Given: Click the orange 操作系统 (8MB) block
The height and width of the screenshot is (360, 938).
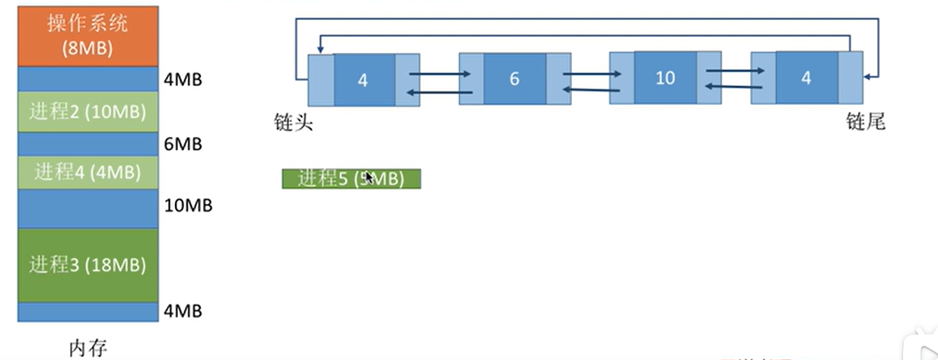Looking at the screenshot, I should click(x=87, y=36).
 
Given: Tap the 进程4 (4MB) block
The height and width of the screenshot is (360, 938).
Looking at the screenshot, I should click(x=87, y=172).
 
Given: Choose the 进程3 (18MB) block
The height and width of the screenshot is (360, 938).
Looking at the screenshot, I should click(x=87, y=265).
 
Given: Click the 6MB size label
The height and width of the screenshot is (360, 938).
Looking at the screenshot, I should click(x=183, y=144).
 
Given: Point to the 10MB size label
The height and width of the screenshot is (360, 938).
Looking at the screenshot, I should click(x=188, y=205).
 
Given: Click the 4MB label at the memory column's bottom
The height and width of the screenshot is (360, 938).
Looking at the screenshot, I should click(x=183, y=311).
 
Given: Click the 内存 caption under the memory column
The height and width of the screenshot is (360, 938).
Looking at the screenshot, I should click(x=87, y=349).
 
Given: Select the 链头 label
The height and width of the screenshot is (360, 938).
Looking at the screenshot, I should click(x=294, y=123).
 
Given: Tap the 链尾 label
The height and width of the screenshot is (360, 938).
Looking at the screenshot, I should click(x=866, y=122).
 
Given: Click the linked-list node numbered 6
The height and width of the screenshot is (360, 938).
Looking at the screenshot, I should click(x=514, y=79).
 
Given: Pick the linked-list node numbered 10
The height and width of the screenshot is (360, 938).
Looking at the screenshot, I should click(x=665, y=78).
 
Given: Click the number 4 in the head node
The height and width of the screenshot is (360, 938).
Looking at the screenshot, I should click(x=363, y=80).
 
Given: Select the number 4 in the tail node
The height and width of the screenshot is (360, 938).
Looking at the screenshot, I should click(x=806, y=78).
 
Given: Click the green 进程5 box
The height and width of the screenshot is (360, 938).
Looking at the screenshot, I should click(x=351, y=179).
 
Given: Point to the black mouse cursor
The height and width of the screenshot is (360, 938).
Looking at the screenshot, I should click(x=369, y=178).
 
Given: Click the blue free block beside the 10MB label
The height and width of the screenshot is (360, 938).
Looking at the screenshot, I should click(x=87, y=209).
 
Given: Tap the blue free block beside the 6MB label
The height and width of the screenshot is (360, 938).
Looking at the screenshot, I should click(x=87, y=143).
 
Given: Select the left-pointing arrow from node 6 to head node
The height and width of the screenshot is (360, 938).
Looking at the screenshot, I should click(x=440, y=92).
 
